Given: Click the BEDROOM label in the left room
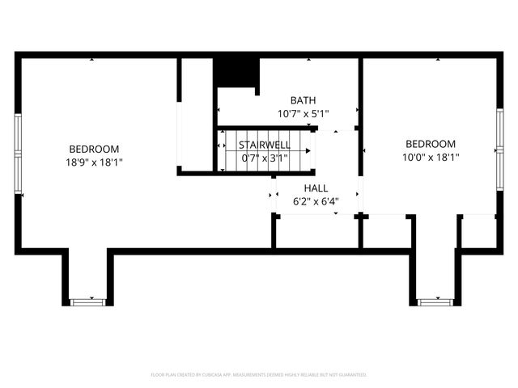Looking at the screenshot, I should point(94,149).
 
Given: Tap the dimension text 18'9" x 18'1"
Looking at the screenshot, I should point(94,162).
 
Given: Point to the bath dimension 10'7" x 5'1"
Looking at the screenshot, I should point(304,113).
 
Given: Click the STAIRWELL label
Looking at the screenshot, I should point(263,145).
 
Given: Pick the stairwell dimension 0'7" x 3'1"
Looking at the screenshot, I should point(263,158).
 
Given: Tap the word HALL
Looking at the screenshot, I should point(316,188).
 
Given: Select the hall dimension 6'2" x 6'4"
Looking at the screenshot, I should point(316,200).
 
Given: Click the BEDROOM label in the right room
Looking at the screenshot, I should point(430,144).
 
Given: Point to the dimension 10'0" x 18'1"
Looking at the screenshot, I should point(431,157).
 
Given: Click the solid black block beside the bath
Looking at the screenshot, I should point(236,72).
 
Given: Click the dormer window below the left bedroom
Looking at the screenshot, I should point(87,302).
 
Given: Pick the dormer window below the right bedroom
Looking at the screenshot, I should point(435,302).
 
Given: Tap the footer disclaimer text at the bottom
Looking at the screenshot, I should point(259,375).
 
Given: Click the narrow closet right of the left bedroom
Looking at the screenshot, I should point(196,113).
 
